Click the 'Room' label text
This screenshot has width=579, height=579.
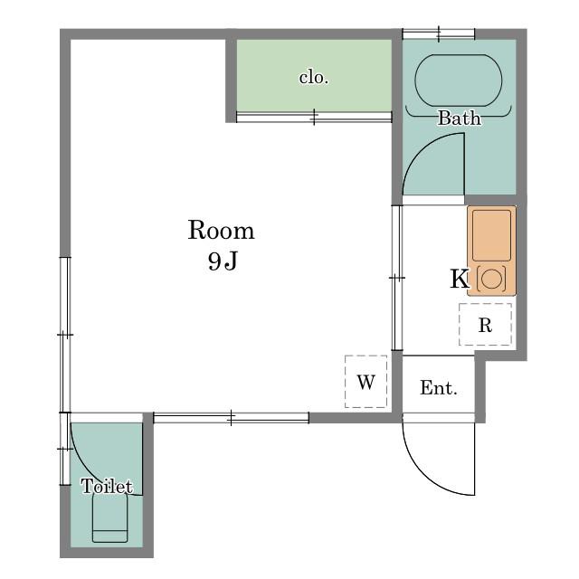[221, 231]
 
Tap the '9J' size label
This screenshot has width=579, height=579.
[223, 261]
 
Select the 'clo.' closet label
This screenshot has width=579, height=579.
[314, 78]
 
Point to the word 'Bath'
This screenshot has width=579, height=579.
[460, 119]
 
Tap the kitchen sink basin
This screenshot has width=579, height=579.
[491, 235]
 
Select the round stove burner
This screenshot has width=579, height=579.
[491, 279]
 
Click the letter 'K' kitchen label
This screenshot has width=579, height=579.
[460, 279]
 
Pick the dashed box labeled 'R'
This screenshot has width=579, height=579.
[485, 325]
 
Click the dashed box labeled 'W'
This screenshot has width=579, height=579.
[365, 382]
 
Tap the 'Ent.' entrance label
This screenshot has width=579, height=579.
[438, 388]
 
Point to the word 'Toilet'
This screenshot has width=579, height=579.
[107, 486]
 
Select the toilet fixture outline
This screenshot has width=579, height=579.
[109, 517]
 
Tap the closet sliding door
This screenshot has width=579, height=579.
[314, 118]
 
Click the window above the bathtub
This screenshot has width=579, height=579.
[438, 34]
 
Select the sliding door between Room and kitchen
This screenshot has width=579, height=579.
[397, 278]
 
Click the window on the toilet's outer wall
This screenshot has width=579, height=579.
[65, 449]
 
